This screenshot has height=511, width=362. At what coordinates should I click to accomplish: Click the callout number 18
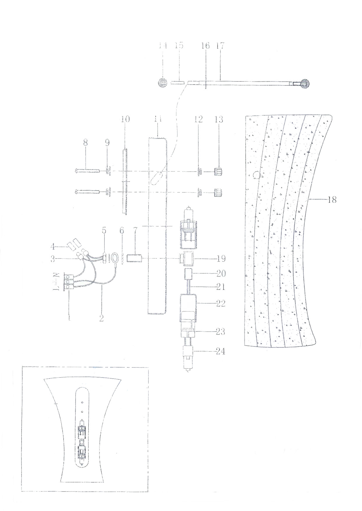point(332,200)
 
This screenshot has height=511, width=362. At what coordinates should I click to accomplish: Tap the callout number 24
point(221,351)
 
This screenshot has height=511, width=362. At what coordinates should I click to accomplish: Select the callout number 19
point(221,258)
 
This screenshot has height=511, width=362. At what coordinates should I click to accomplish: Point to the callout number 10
point(125,119)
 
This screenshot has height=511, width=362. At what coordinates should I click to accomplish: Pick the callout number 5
point(104,231)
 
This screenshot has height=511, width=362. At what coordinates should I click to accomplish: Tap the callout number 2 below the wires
point(101,318)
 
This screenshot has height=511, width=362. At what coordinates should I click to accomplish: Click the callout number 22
point(221,303)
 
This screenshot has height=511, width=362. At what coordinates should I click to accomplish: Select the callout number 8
point(85,143)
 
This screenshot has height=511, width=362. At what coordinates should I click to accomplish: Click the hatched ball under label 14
point(162,83)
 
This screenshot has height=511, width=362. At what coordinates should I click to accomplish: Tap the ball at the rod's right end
point(305,84)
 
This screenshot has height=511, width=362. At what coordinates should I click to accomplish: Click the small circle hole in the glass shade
point(256,175)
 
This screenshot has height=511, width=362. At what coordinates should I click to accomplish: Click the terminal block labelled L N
point(67,282)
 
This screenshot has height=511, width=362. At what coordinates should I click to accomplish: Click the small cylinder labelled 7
point(134,258)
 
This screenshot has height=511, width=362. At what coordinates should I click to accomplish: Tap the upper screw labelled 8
point(88,171)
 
